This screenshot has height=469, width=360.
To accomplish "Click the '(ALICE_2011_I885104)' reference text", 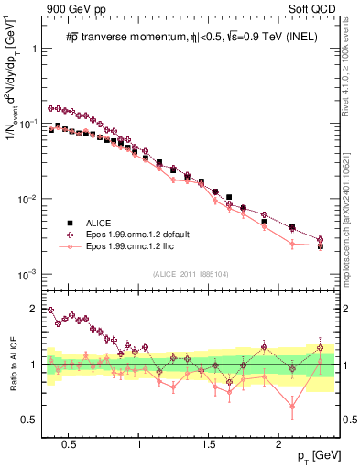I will click(x=190, y=274).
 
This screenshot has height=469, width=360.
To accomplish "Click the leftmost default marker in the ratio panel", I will click(x=51, y=311).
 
